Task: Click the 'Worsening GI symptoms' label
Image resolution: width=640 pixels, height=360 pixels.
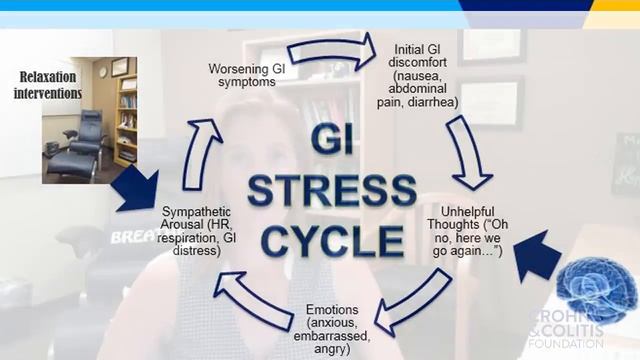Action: pyautogui.click(x=250, y=75)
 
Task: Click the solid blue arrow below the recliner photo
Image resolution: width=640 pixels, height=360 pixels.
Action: pyautogui.click(x=136, y=187)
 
